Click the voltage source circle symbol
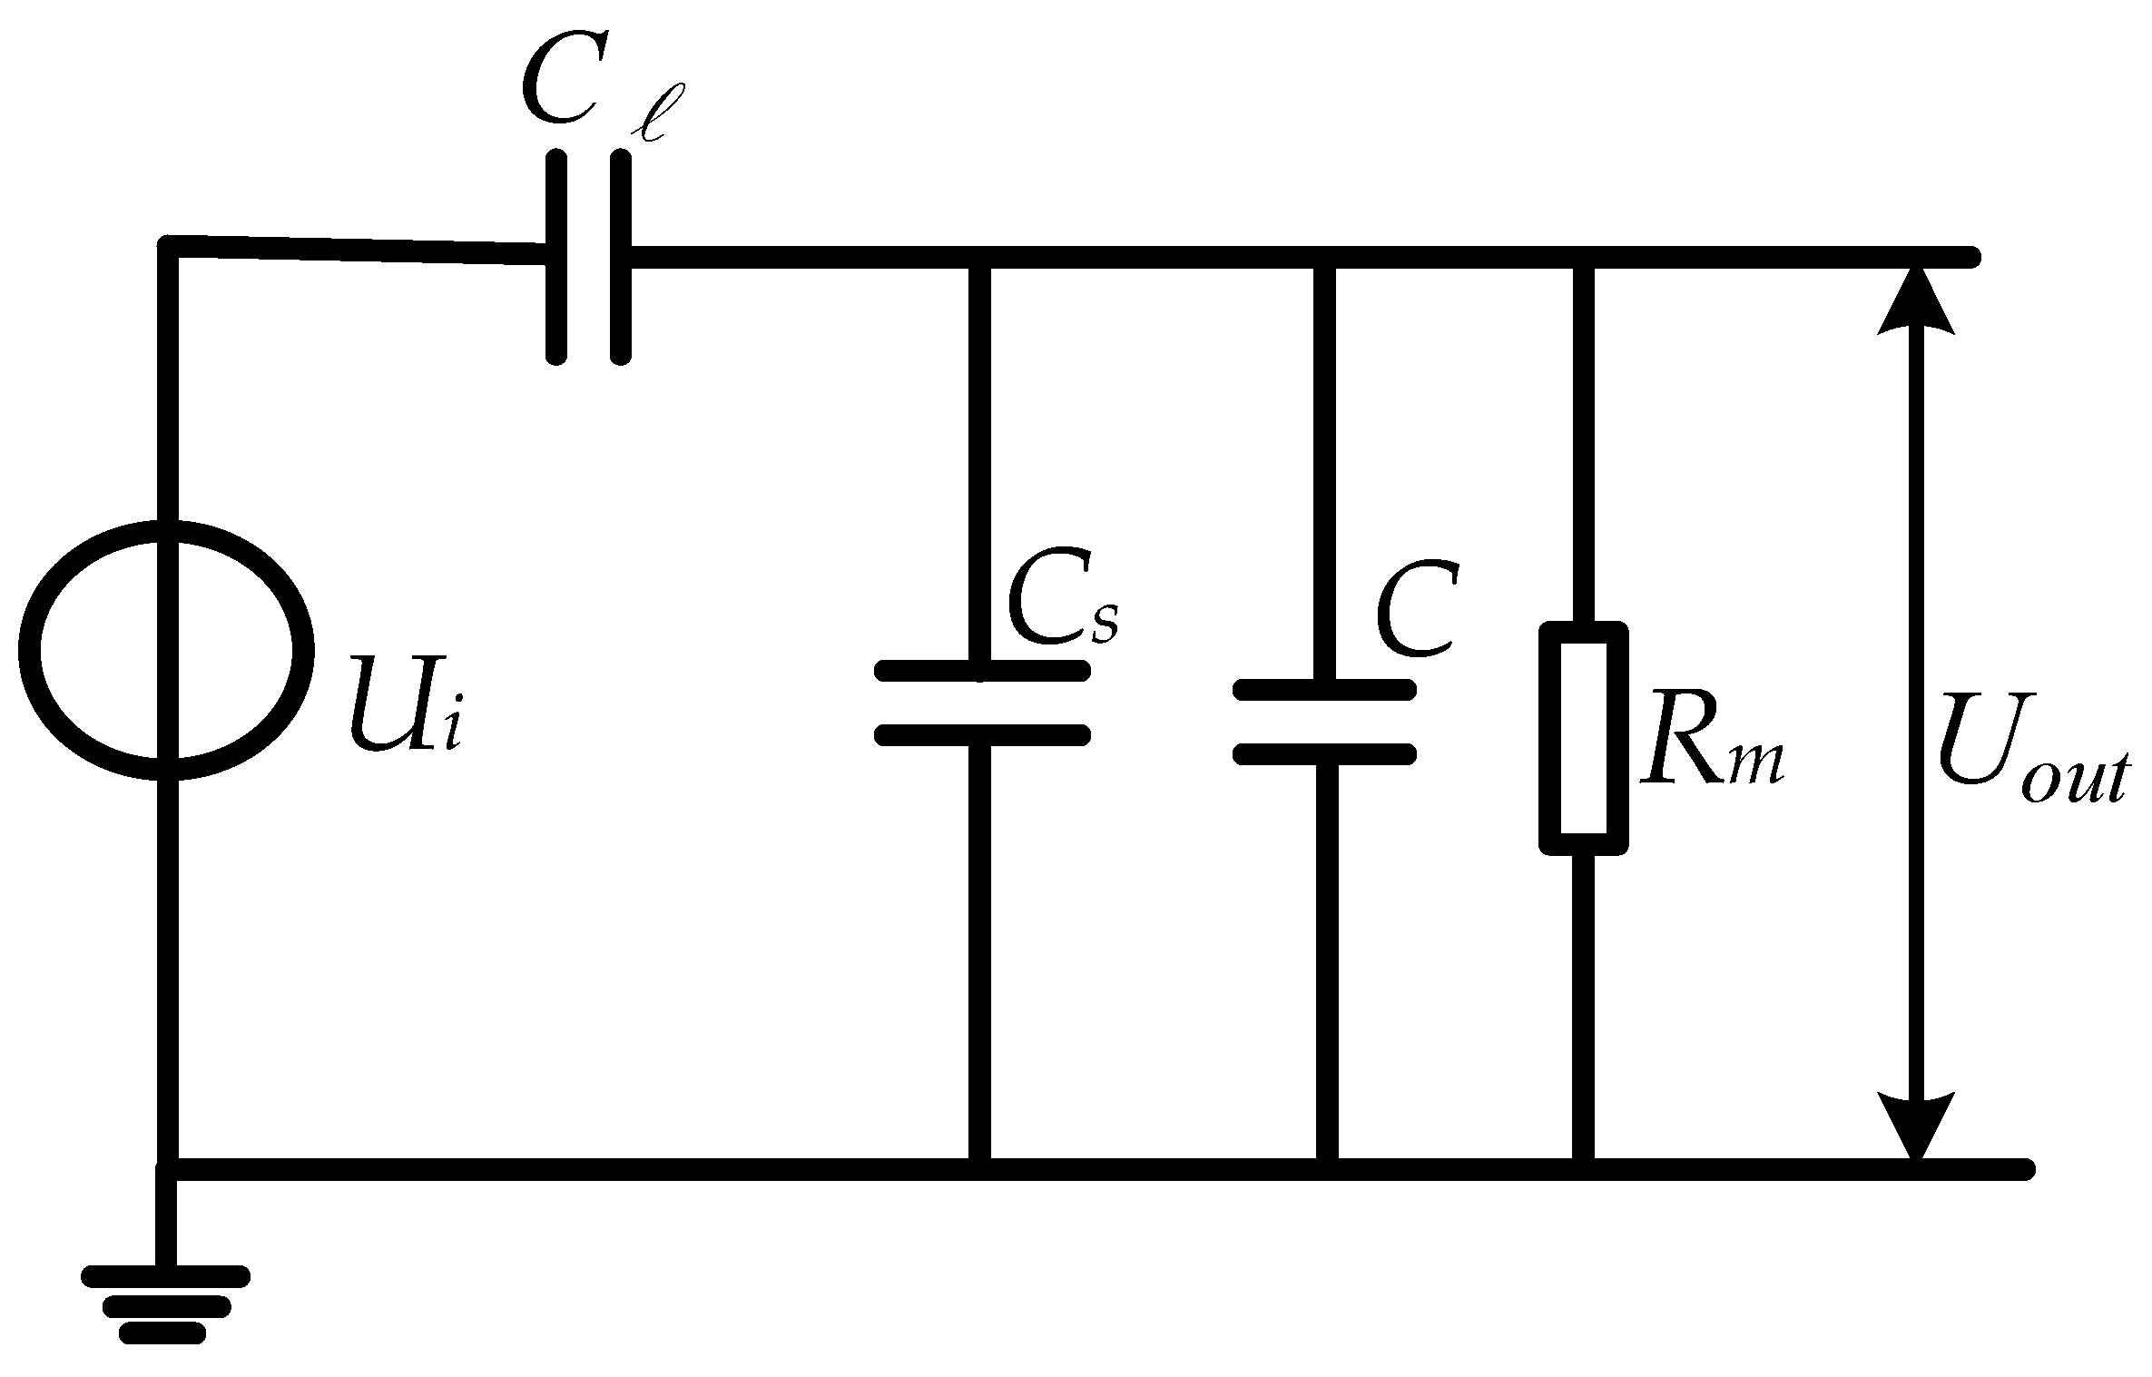[x=166, y=650]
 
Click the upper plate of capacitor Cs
[x=981, y=671]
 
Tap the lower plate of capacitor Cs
[x=981, y=733]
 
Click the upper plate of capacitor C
[x=1324, y=690]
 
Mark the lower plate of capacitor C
[x=1324, y=752]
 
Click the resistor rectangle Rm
[x=1583, y=737]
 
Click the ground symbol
[x=165, y=1308]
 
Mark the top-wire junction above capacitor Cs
[x=980, y=258]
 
